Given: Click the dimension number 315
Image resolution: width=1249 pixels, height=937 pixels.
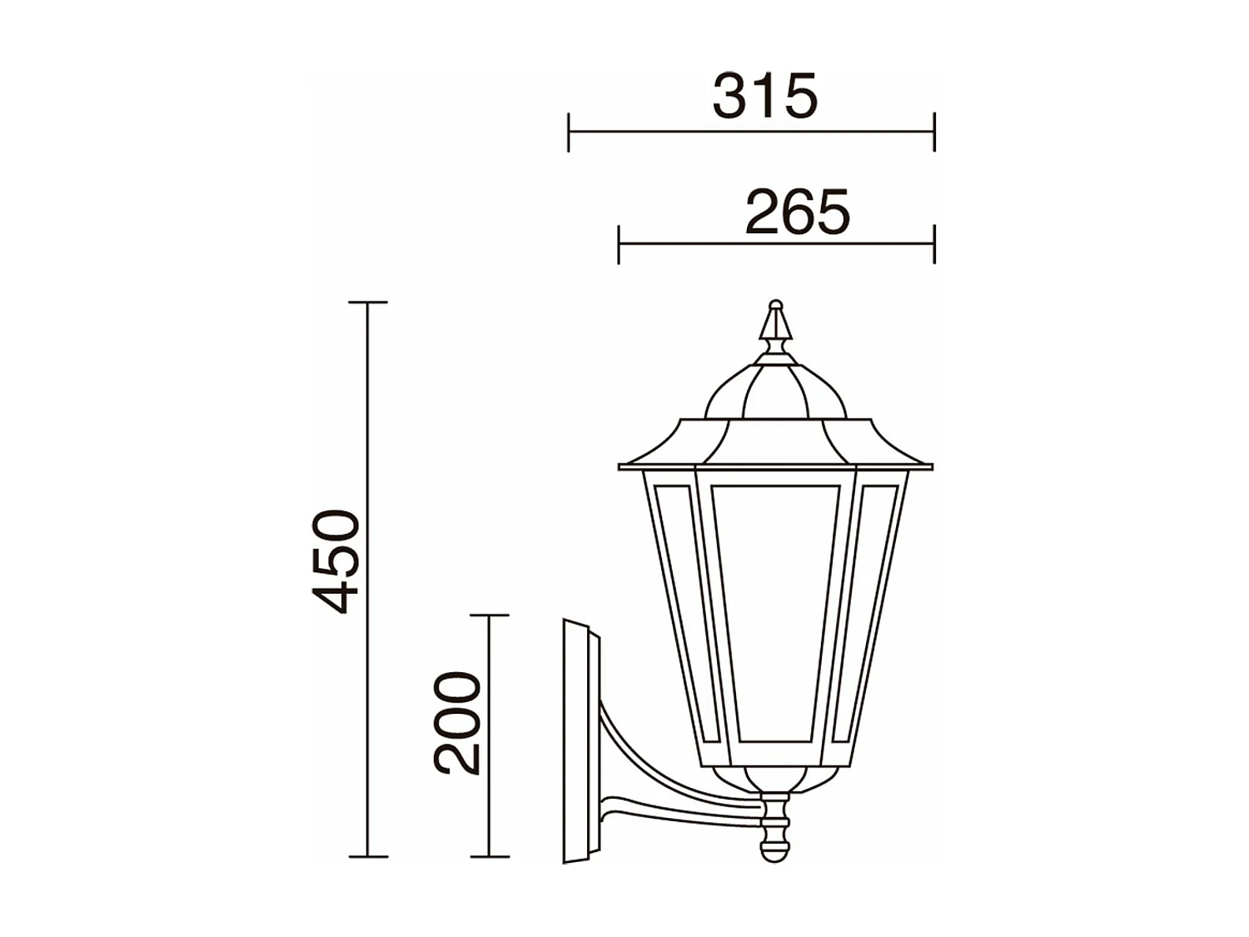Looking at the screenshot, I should click(765, 97).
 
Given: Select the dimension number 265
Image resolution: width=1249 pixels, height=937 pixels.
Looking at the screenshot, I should click(797, 212).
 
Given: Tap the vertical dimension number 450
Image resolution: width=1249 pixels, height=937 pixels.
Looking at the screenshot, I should click(336, 561).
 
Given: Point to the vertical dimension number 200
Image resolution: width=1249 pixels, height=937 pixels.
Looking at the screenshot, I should click(458, 723).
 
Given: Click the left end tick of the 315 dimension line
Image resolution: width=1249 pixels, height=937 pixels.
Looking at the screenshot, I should click(569, 132).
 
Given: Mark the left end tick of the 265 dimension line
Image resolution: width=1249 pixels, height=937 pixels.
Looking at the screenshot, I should click(619, 244).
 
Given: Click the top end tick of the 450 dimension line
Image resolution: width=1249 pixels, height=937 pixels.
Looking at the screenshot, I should click(368, 303).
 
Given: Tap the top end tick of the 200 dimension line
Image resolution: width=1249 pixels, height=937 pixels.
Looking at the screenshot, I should click(490, 616).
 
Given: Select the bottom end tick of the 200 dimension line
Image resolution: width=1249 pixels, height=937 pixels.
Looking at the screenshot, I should click(490, 856).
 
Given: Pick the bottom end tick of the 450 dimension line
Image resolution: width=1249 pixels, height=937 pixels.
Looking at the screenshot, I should click(368, 856).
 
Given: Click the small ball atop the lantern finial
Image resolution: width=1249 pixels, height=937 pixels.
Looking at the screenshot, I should click(775, 305).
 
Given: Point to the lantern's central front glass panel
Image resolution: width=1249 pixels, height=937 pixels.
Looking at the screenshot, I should click(774, 612).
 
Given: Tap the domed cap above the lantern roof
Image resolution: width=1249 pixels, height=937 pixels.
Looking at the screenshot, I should click(775, 391).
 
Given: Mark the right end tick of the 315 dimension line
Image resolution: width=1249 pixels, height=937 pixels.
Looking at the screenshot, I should click(934, 132).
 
